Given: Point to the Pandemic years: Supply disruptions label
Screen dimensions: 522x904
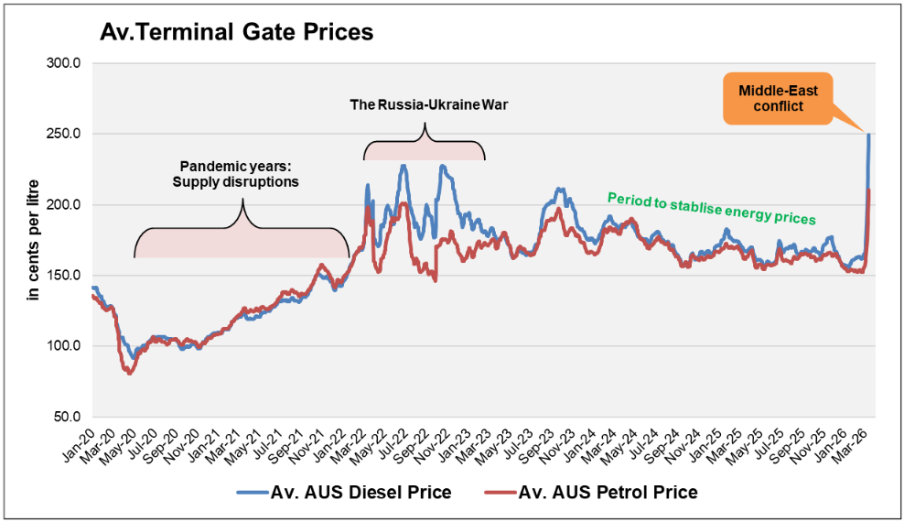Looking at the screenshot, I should click(236, 175).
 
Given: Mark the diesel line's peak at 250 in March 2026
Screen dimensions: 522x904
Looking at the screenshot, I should click(868, 136).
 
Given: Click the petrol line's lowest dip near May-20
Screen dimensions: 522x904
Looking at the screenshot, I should click(130, 373).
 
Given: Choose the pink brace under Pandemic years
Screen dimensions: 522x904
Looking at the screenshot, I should click(242, 240).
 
